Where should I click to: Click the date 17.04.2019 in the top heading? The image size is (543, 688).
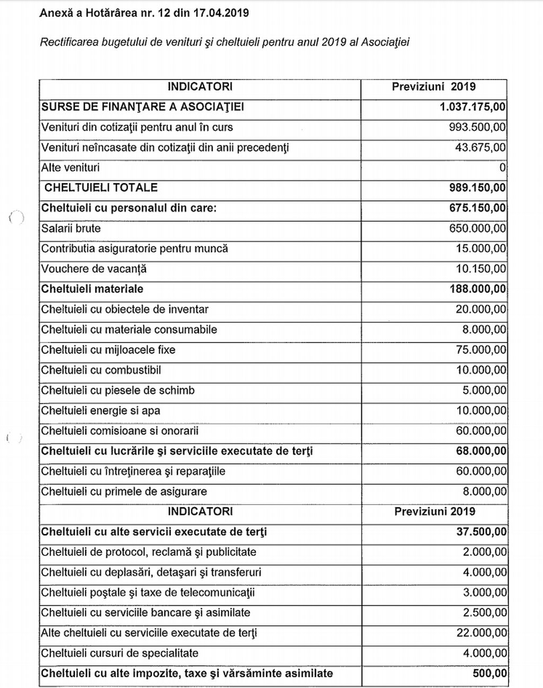point(222,13)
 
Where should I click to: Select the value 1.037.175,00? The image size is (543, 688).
point(472,107)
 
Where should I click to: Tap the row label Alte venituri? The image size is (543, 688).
point(71,168)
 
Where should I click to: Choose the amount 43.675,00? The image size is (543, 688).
point(480,148)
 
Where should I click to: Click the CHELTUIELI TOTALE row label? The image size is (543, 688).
point(101,188)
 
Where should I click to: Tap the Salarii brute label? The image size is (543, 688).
point(71,228)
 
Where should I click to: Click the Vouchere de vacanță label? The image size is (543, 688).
point(94,269)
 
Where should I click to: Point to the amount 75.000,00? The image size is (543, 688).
point(481,350)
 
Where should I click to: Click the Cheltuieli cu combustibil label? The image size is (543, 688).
point(101,370)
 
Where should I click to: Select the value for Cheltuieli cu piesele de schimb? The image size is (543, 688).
point(484,391)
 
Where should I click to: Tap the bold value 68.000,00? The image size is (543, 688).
point(480,451)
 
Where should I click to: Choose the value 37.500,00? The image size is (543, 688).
point(481,532)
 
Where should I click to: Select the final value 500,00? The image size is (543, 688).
point(489,674)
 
